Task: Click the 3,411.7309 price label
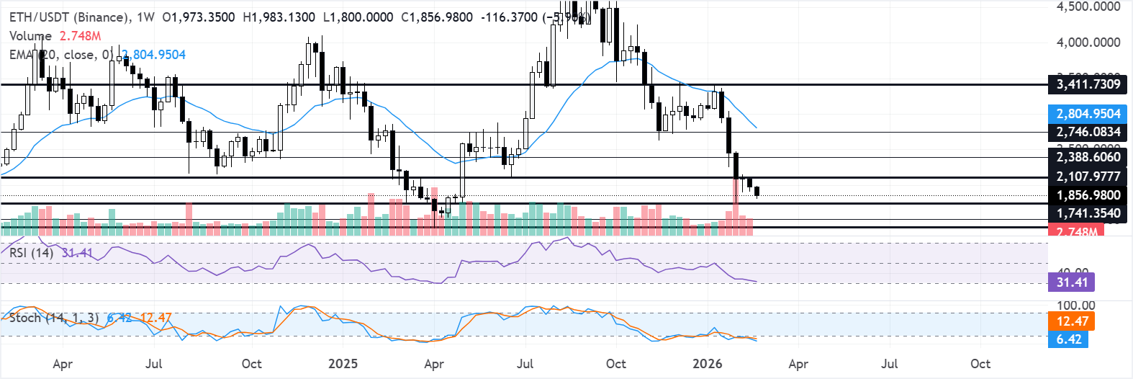pyautogui.click(x=1088, y=84)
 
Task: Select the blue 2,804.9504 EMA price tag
pyautogui.click(x=1088, y=114)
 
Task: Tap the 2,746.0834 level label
pyautogui.click(x=1088, y=132)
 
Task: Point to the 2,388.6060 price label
pyautogui.click(x=1088, y=157)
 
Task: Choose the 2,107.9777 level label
pyautogui.click(x=1088, y=177)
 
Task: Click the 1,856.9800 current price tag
pyautogui.click(x=1088, y=195)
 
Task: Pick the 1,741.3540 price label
pyautogui.click(x=1088, y=213)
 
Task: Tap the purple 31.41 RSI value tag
pyautogui.click(x=1071, y=282)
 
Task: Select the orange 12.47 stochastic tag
pyautogui.click(x=1072, y=321)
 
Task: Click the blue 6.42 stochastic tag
pyautogui.click(x=1069, y=339)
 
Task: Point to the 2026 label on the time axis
pyautogui.click(x=707, y=364)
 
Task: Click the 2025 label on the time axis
pyautogui.click(x=343, y=364)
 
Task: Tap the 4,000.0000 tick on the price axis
pyautogui.click(x=1088, y=43)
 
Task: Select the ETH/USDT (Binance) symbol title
pyautogui.click(x=70, y=17)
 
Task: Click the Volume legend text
pyautogui.click(x=30, y=35)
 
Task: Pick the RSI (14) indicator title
pyautogui.click(x=31, y=253)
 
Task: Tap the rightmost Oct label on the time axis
pyautogui.click(x=980, y=364)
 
